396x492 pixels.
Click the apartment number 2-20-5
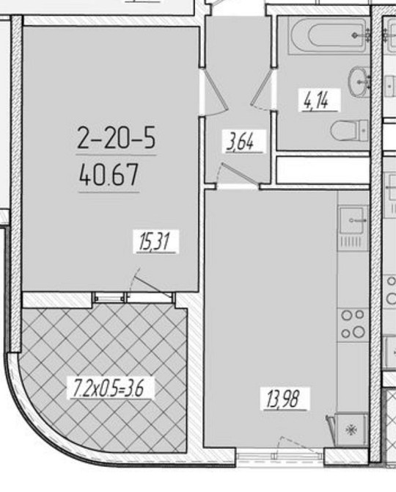[x=116, y=138]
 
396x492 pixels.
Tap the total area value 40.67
[x=109, y=176]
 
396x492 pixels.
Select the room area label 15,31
[x=155, y=242]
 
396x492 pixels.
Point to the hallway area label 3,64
[x=243, y=142]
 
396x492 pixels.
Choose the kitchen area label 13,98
[x=284, y=399]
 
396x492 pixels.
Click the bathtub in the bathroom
[x=329, y=35]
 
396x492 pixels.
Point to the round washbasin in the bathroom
[x=359, y=82]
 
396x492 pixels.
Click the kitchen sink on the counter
[x=353, y=220]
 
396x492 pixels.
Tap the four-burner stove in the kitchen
[x=353, y=324]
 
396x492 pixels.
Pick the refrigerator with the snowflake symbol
[x=351, y=430]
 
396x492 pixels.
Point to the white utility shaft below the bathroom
[x=323, y=170]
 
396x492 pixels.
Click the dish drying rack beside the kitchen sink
[x=353, y=242]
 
